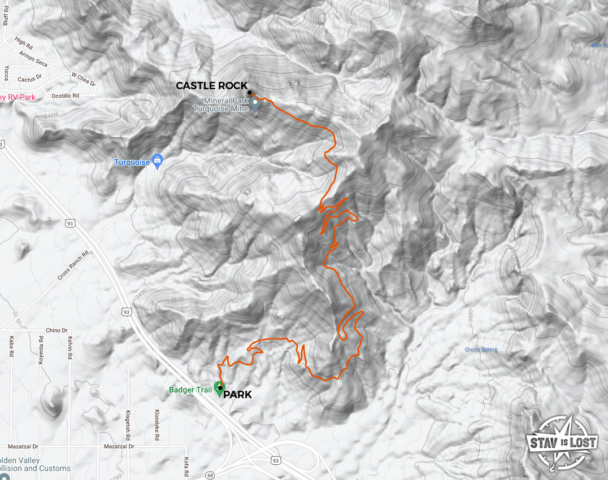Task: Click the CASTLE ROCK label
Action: click(211, 86)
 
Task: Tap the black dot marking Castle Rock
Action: click(249, 93)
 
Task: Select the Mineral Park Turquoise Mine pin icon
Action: click(255, 103)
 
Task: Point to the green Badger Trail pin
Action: click(219, 389)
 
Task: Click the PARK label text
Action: click(237, 395)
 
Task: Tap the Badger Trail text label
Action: click(190, 390)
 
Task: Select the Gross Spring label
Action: click(481, 350)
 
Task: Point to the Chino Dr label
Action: click(57, 330)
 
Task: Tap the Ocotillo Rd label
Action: click(65, 96)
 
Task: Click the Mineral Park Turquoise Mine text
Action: click(227, 104)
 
